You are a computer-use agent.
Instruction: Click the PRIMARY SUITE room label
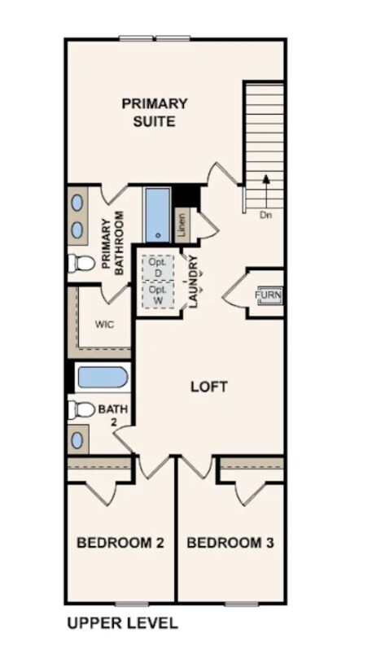pos(155,113)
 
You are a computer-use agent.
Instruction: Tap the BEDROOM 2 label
pos(120,543)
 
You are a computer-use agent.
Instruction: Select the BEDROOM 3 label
pos(230,543)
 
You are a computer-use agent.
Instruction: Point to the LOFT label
pos(208,387)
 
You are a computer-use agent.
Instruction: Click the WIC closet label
pos(104,324)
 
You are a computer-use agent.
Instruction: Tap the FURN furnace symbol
pos(269,295)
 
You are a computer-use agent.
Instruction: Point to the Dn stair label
pos(265,216)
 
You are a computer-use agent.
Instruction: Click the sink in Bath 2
pos(77,440)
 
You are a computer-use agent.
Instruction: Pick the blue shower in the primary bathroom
pos(157,214)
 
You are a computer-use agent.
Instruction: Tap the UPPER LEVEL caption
pos(122,624)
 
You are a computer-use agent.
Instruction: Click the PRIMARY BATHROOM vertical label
pos(112,242)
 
